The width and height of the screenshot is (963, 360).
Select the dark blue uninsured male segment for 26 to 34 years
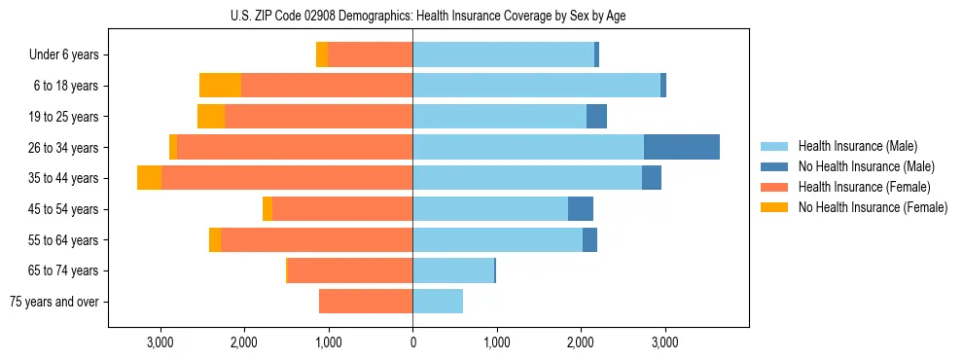(x=682, y=147)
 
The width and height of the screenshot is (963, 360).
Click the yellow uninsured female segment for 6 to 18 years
(x=220, y=86)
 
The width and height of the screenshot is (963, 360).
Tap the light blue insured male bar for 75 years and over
(x=438, y=302)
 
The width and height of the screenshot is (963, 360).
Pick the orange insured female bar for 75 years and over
(x=366, y=302)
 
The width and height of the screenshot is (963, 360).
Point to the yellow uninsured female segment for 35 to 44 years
(x=149, y=178)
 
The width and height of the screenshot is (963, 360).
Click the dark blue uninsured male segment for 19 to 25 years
(x=597, y=117)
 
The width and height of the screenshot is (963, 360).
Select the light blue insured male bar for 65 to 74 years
(x=453, y=270)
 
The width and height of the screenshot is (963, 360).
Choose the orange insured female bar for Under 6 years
(x=371, y=54)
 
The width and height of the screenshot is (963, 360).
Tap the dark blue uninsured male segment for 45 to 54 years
(x=581, y=209)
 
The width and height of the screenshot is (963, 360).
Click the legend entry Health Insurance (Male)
(x=858, y=146)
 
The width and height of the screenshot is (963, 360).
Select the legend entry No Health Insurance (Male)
(x=866, y=166)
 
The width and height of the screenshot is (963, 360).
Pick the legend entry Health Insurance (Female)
(x=864, y=187)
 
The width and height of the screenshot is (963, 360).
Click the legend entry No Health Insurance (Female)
(x=872, y=207)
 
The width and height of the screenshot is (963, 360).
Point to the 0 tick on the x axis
(x=412, y=343)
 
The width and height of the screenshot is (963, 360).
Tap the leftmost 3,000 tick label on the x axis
(x=160, y=343)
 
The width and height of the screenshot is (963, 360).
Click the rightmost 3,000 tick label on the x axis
(x=664, y=343)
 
